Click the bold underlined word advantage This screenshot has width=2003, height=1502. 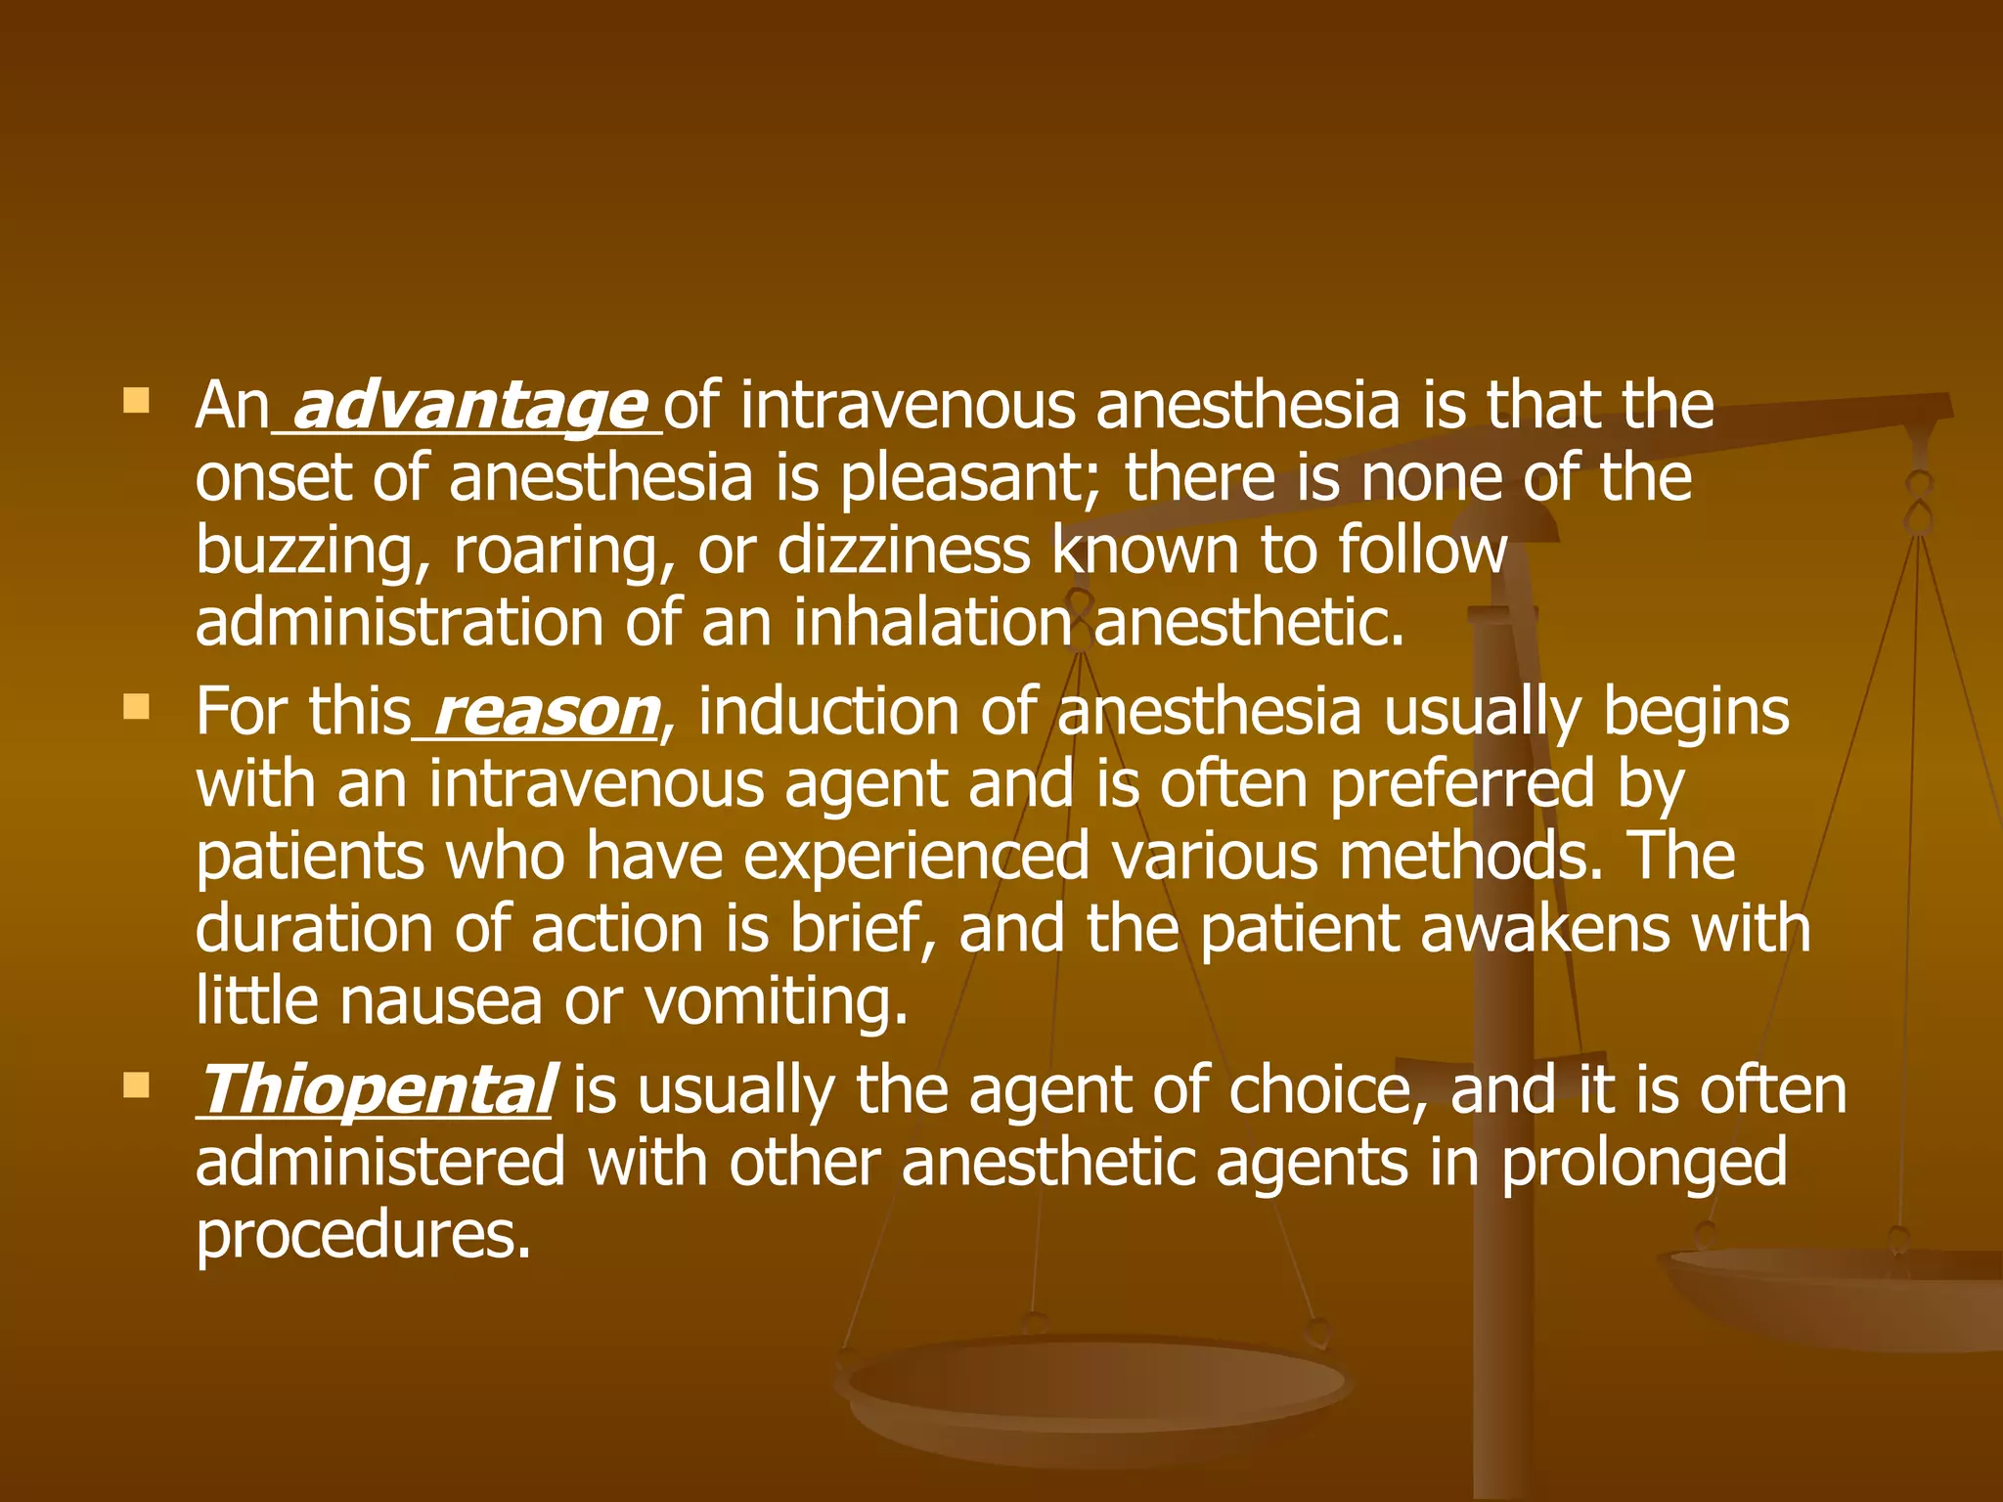[468, 406]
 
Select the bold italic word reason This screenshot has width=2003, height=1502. [545, 712]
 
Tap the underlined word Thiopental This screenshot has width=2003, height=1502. [377, 1090]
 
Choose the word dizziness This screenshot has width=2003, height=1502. [904, 550]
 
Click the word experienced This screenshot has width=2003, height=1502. [916, 858]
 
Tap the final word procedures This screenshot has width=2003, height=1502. [363, 1237]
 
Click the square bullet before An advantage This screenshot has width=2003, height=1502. [136, 400]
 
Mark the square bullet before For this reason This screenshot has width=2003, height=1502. [136, 706]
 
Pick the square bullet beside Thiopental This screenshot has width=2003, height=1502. [136, 1084]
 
